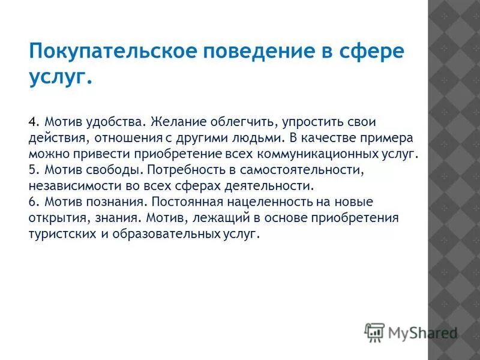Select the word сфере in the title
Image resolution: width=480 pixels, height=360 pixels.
372,52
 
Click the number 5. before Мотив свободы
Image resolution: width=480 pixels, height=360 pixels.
34,170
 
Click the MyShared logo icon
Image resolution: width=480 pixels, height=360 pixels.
374,332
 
